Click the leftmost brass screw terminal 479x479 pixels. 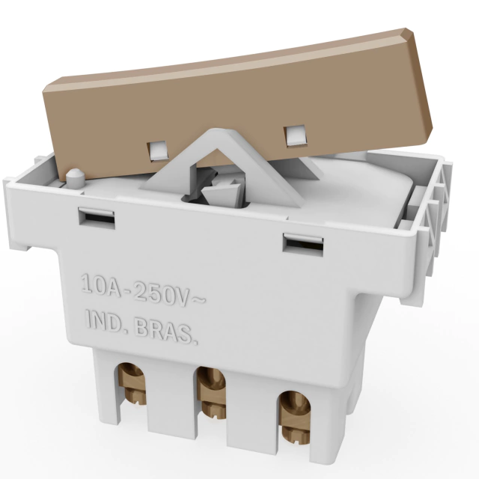tap(132, 384)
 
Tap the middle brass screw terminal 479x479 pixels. tap(211, 393)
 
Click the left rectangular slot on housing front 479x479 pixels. tap(97, 218)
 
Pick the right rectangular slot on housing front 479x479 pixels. tap(303, 244)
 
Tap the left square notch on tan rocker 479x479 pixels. tap(158, 150)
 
